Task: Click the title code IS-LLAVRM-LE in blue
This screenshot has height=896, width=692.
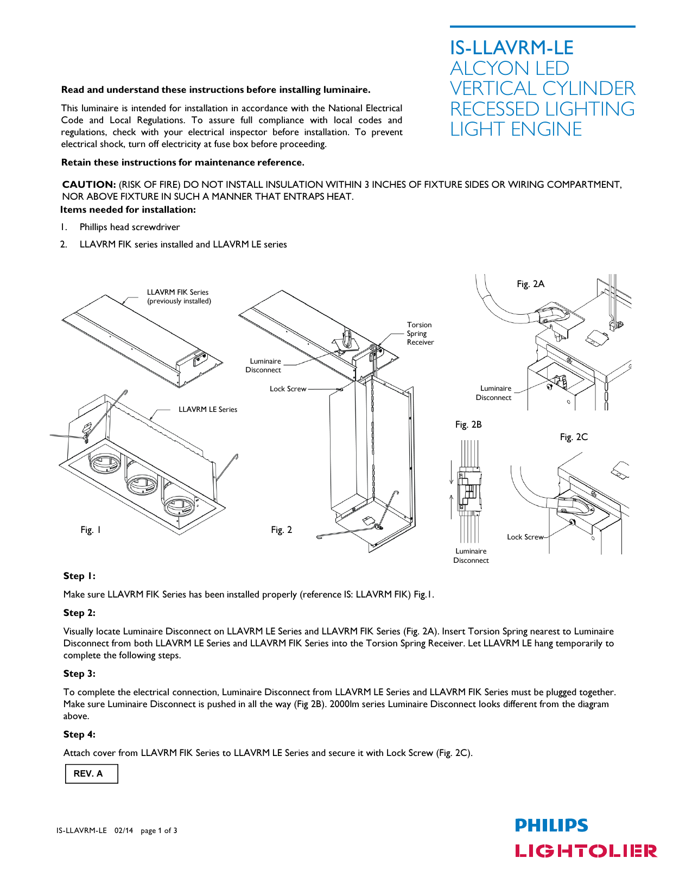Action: tap(511, 48)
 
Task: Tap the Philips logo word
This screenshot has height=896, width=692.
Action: tap(551, 825)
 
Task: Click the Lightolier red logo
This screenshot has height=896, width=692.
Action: tap(586, 850)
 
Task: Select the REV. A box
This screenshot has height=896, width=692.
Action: tap(91, 773)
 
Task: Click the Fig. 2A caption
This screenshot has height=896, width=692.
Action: tap(530, 284)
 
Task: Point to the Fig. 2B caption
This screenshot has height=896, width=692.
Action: tap(468, 424)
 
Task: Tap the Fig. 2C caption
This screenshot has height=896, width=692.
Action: tap(574, 437)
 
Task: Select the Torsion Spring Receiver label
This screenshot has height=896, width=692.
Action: tap(420, 333)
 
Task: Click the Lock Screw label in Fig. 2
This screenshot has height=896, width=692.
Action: tap(288, 389)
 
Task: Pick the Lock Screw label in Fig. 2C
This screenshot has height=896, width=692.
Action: tap(524, 537)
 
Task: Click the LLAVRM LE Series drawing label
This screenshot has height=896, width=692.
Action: tap(208, 409)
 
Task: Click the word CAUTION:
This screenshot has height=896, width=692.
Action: tap(89, 185)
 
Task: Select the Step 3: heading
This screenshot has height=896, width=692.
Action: tap(79, 673)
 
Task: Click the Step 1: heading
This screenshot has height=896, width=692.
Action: tap(79, 576)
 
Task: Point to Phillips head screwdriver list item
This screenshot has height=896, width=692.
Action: tap(130, 227)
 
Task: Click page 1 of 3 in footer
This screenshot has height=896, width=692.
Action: tap(158, 830)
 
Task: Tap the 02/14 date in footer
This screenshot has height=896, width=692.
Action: tap(123, 830)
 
